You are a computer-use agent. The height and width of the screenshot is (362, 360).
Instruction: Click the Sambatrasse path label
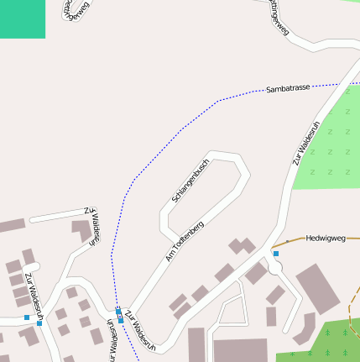[x=289, y=87]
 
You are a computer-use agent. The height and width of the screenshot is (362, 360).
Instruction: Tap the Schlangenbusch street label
[x=190, y=181]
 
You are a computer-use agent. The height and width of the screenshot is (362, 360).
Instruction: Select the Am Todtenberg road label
[x=185, y=241]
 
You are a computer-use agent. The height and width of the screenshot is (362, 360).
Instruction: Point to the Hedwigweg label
[x=326, y=238]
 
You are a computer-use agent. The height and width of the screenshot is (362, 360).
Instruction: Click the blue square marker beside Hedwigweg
[x=275, y=253]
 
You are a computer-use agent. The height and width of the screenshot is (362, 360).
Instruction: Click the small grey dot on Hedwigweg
[x=286, y=242]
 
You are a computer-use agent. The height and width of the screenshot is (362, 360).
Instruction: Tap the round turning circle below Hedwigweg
[x=276, y=266]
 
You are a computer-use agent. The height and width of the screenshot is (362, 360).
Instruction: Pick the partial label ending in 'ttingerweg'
[x=278, y=17]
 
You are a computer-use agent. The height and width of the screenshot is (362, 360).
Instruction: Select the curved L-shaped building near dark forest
[x=302, y=327]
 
